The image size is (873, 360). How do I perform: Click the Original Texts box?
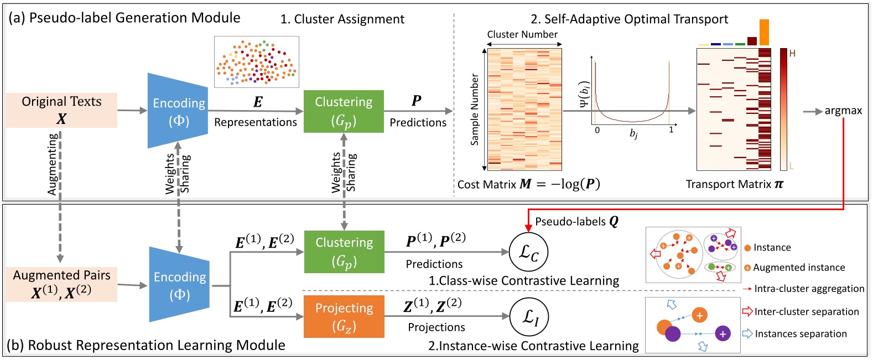pos(61,110)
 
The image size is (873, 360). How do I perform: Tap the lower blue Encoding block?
pos(179,284)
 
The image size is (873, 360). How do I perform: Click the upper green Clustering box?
pos(344,111)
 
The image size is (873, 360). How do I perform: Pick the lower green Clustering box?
pos(344,252)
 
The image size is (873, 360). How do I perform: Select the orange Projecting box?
pos(344,316)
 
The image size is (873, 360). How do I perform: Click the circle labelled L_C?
pos(528,252)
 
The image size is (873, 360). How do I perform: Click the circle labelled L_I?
pos(528,317)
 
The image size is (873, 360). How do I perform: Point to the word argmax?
pos(843,111)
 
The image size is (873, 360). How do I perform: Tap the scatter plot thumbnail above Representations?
pos(257,61)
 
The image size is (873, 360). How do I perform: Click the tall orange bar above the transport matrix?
pos(764,32)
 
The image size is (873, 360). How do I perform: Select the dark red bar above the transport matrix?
pos(752,41)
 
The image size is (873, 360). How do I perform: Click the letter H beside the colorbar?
pos(792,54)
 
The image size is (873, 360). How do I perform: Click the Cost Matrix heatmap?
pos(524,109)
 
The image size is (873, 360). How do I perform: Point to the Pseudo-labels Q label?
pos(576,222)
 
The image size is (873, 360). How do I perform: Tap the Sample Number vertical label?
pos(474,109)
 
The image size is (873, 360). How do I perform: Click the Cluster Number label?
pos(522,34)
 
